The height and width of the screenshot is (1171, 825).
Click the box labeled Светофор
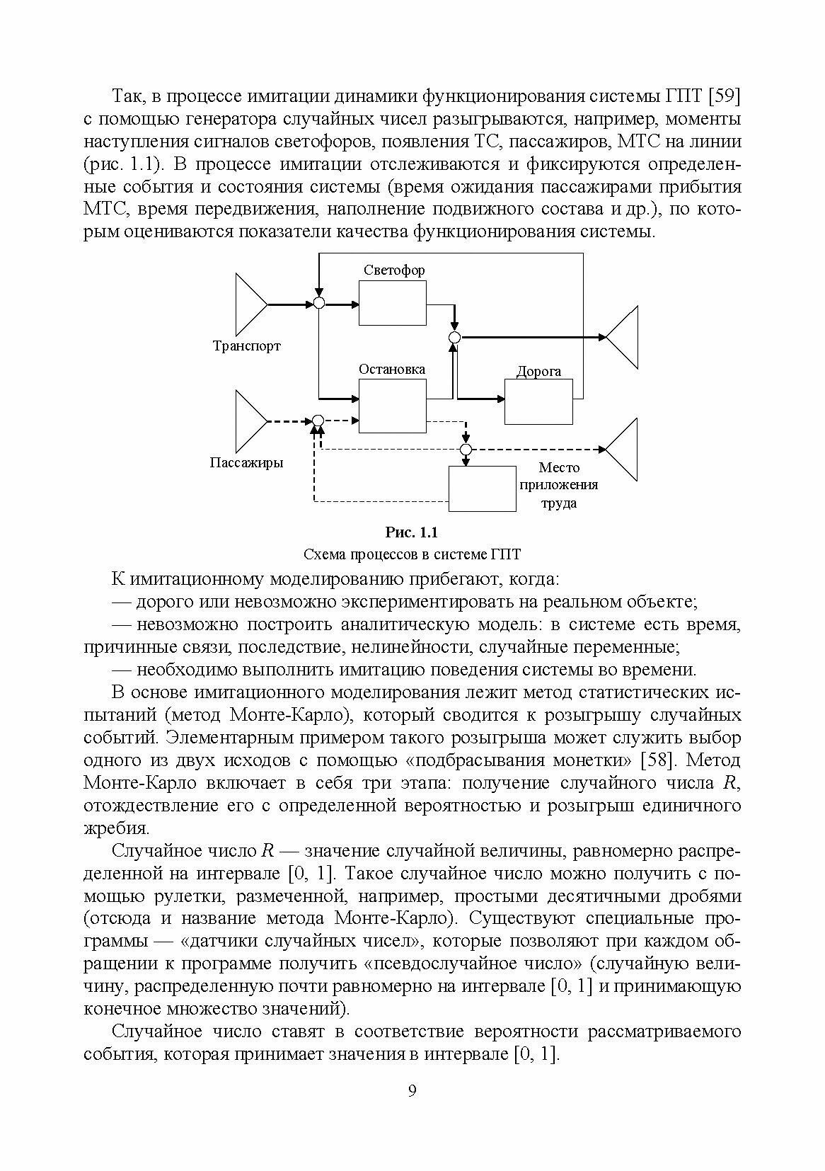[393, 303]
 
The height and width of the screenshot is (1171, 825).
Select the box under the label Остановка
[393, 405]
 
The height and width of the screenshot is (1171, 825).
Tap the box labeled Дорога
[538, 401]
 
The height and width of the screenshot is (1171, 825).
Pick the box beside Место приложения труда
[483, 489]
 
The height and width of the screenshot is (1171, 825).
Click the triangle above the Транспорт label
[250, 304]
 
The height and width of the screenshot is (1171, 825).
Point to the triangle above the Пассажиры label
[250, 421]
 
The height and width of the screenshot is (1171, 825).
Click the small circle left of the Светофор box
[318, 304]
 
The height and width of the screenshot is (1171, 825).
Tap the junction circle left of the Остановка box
[318, 421]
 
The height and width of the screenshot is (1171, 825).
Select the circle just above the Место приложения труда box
[466, 450]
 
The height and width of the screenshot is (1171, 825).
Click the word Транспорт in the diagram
[246, 346]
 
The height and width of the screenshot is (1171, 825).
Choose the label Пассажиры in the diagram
[246, 463]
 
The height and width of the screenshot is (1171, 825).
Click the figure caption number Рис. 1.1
[412, 532]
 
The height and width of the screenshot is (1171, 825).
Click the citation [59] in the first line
[724, 96]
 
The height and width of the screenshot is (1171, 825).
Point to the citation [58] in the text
[655, 760]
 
